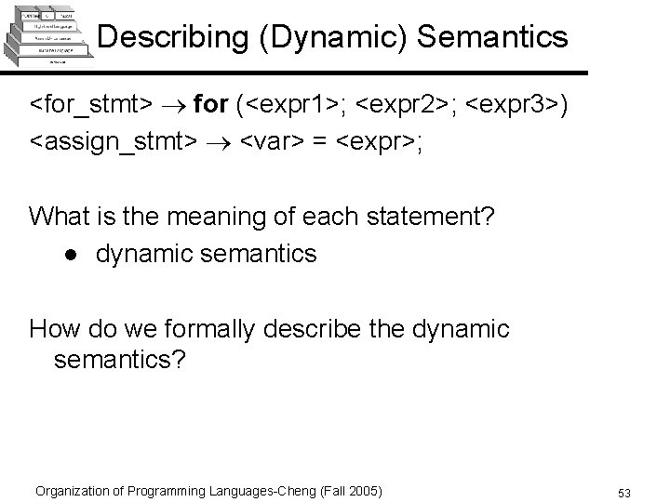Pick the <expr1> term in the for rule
click(296, 105)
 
